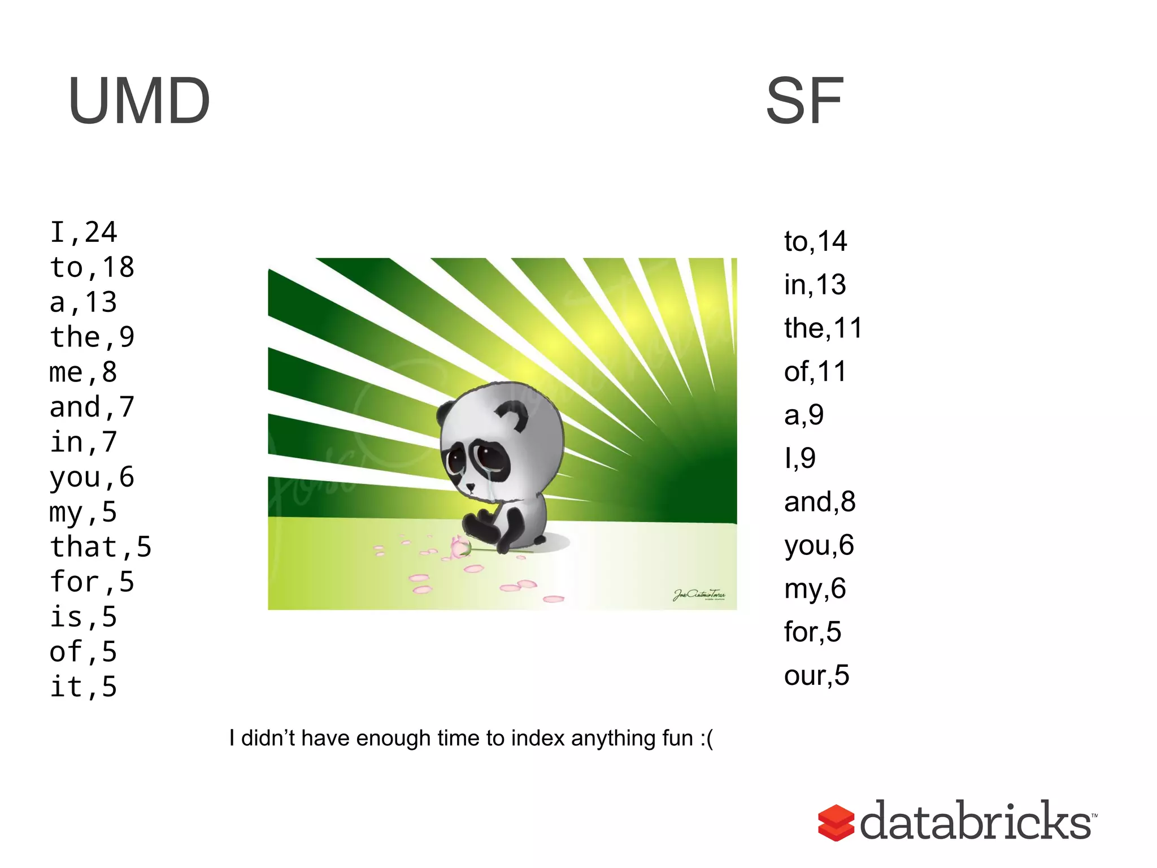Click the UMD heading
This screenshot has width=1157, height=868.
click(x=139, y=101)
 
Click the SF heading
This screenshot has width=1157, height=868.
click(x=804, y=101)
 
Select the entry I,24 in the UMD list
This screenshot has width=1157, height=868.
click(x=84, y=232)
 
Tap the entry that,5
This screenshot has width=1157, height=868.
click(x=101, y=547)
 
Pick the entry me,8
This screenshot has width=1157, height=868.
click(x=84, y=372)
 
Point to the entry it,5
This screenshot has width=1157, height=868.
click(x=84, y=687)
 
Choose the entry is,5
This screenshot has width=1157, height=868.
click(x=84, y=617)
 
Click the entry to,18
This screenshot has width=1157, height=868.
click(x=92, y=267)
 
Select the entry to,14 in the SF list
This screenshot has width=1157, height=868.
click(x=815, y=241)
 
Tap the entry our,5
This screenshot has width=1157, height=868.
click(x=816, y=675)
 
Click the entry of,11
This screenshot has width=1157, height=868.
click(x=815, y=372)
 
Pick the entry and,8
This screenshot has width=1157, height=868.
click(x=820, y=502)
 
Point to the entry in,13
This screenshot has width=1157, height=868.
click(x=815, y=285)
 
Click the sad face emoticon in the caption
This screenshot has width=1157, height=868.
click(x=706, y=739)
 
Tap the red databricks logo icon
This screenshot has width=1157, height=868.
click(x=836, y=823)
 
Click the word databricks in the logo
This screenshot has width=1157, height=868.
click(x=976, y=821)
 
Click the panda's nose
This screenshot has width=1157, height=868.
click(x=471, y=486)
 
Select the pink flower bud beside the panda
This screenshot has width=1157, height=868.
click(x=459, y=547)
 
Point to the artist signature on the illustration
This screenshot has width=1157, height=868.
click(x=699, y=594)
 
